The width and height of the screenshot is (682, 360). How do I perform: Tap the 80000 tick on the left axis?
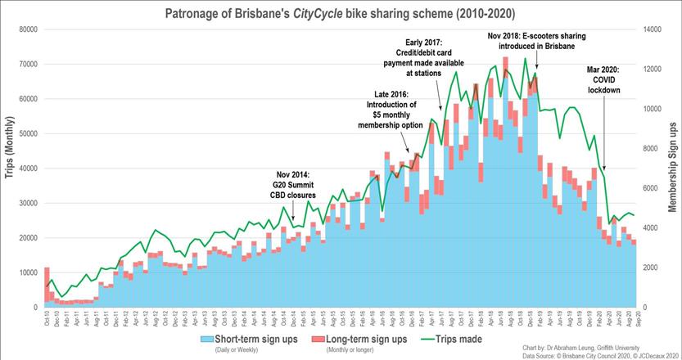pyautogui.click(x=28, y=29)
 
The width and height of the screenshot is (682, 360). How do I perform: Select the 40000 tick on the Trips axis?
pyautogui.click(x=28, y=169)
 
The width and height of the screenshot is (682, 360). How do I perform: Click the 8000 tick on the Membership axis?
pyautogui.click(x=652, y=148)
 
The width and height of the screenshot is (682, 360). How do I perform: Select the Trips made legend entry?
pyautogui.click(x=451, y=339)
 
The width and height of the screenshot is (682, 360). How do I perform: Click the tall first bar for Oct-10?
pyautogui.click(x=47, y=286)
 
